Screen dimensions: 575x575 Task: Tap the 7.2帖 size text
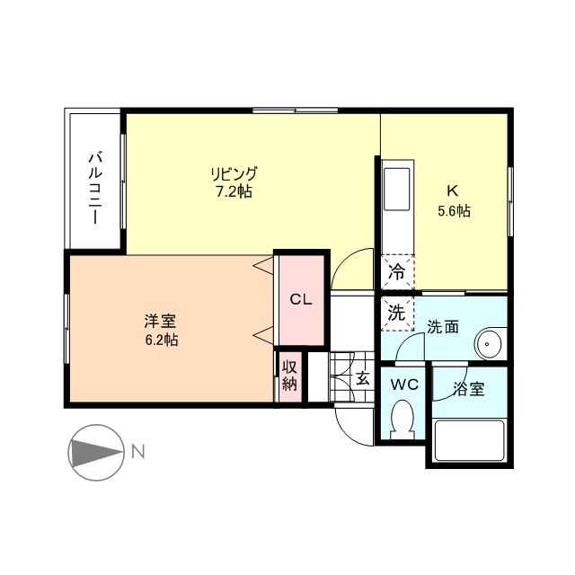tap(234, 191)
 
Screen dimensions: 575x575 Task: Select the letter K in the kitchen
tap(453, 191)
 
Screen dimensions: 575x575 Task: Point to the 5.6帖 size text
tap(454, 211)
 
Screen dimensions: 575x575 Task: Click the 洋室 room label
tap(158, 321)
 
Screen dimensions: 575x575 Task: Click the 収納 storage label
tap(289, 376)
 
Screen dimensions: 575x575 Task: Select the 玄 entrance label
tap(362, 377)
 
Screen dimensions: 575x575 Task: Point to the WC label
tap(404, 384)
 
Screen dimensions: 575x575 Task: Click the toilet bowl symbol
tap(404, 419)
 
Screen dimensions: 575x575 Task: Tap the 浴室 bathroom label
tap(468, 390)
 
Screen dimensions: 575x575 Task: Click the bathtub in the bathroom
tap(468, 441)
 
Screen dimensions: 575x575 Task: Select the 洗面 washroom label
tap(443, 327)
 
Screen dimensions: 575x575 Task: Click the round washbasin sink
tap(489, 343)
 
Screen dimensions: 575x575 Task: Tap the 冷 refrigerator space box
tap(395, 270)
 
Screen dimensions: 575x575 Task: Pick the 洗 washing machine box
tap(395, 313)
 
